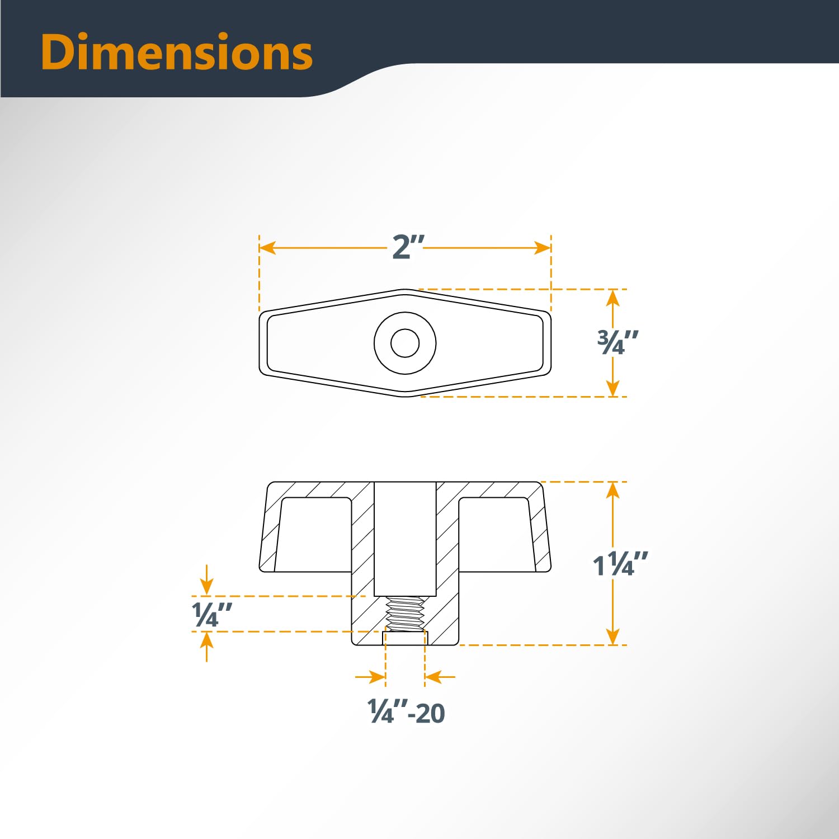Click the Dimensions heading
176,52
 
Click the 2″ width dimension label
408,247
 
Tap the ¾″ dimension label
618,342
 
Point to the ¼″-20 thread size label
406,713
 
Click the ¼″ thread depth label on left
211,615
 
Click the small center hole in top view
405,343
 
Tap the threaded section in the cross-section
405,614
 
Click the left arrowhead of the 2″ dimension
268,247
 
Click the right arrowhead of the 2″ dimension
543,247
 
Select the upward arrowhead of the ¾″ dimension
613,298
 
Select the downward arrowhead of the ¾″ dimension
613,388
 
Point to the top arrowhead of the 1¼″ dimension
613,490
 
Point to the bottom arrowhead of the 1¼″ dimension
613,637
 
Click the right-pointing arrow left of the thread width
377,677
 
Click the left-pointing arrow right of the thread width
433,677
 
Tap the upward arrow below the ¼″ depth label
207,640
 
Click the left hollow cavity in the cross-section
313,534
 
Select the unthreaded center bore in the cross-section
405,537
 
